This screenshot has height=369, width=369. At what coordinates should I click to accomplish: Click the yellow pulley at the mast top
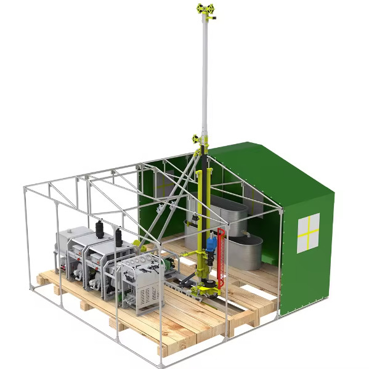207,10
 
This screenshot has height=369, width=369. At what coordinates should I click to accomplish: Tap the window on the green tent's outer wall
308,232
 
